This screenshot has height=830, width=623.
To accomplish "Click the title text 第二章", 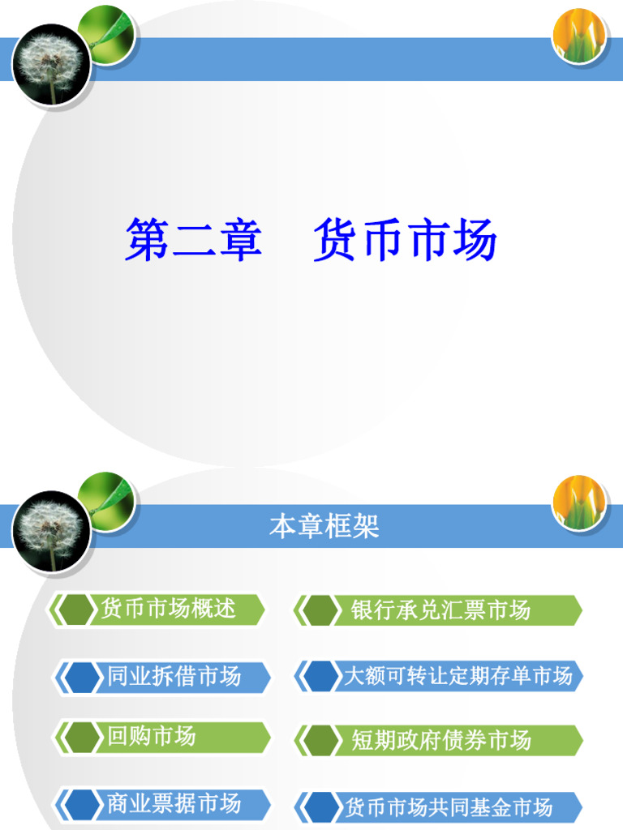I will [x=193, y=241].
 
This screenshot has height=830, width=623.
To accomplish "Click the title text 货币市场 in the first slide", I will [x=405, y=241].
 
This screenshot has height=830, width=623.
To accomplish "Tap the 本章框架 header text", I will [x=324, y=528].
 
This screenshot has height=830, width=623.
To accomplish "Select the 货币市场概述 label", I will [x=168, y=608].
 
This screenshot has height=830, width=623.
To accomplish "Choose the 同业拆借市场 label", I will [x=174, y=676].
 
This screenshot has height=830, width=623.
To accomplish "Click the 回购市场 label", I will [x=152, y=736].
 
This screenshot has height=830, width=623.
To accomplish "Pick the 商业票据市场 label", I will [x=174, y=803].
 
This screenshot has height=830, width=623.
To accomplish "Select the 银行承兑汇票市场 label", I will [x=440, y=610].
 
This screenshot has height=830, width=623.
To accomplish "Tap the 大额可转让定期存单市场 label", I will [x=458, y=676].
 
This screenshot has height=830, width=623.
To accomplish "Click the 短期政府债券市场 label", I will [x=441, y=740].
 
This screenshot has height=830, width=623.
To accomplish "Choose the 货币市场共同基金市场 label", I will [x=449, y=807].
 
